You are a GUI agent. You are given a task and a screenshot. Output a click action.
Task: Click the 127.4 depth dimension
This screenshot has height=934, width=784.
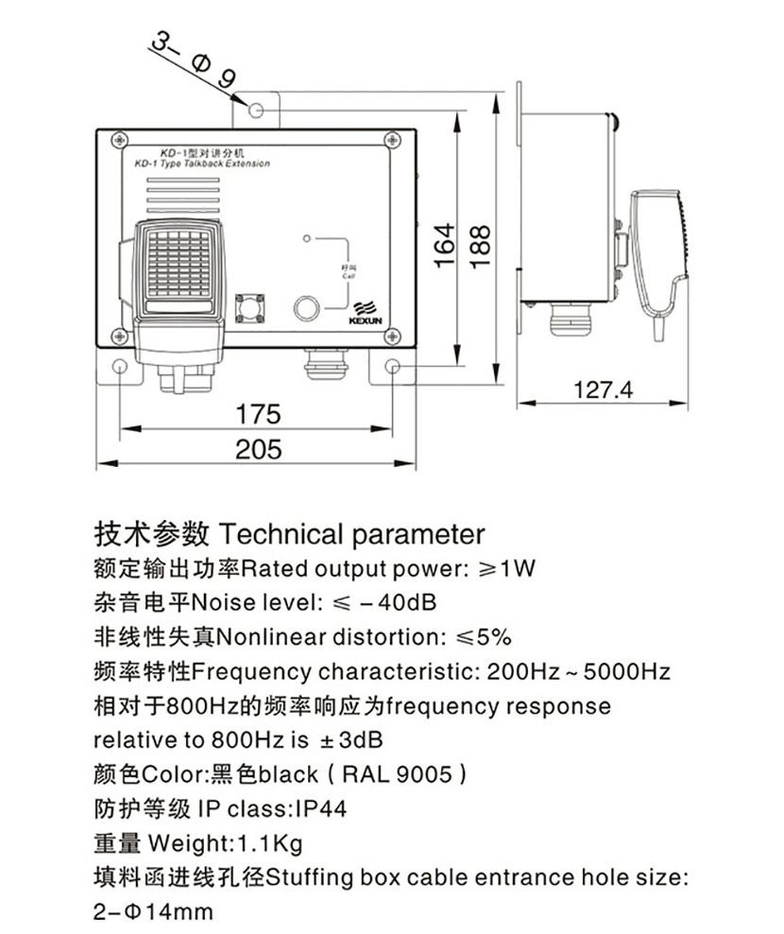click(x=603, y=389)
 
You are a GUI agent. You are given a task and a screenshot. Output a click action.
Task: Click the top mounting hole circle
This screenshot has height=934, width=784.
click(x=256, y=112)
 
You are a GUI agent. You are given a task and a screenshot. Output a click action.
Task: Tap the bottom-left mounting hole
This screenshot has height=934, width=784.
click(x=120, y=367)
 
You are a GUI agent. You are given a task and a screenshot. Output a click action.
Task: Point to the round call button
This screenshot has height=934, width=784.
click(x=307, y=308)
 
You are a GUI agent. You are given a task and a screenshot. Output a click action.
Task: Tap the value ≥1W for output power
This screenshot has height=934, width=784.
click(x=507, y=568)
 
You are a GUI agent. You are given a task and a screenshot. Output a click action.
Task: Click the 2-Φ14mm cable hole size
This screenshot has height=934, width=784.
click(x=154, y=912)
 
